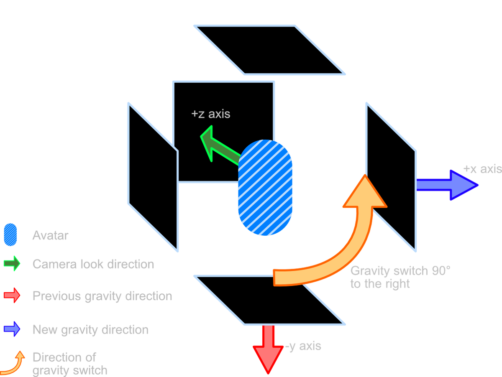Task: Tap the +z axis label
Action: pos(210,114)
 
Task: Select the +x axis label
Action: pos(482,169)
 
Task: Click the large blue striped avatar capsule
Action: pos(265,188)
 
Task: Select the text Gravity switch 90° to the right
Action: pos(400,277)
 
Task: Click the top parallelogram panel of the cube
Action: pos(270,50)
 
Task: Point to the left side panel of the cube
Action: pos(153,178)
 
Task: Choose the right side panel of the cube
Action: pos(391,178)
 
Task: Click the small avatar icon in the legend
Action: pos(10,235)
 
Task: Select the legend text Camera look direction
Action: pos(93,264)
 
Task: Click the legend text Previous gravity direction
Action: pos(102,296)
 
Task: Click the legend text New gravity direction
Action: pos(90,329)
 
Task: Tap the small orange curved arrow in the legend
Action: pos(14,362)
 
